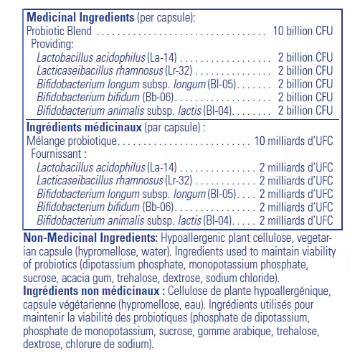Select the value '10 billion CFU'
(303, 31)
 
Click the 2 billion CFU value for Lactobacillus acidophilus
(305, 57)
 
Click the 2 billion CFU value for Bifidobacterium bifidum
(305, 97)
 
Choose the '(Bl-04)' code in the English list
(221, 110)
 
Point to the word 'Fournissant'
(57, 153)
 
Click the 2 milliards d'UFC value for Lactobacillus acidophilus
(296, 167)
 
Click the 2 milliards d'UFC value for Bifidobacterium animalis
(296, 220)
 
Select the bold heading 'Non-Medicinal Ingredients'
(90, 238)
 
